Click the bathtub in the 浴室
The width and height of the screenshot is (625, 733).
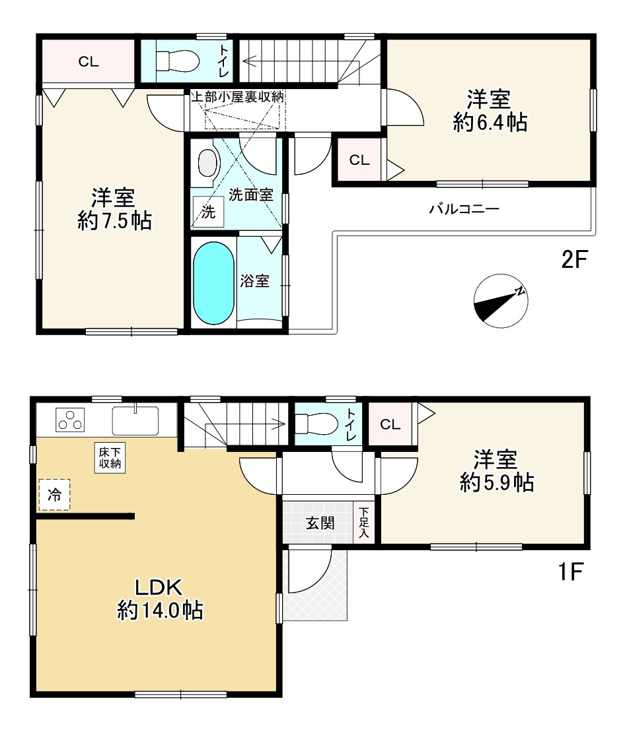tap(213, 283)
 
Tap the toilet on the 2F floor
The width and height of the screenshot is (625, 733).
tap(178, 60)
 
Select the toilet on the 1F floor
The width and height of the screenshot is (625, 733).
tap(316, 424)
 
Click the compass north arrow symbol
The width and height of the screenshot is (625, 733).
tap(501, 301)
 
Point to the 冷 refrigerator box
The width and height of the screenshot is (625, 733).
tap(54, 494)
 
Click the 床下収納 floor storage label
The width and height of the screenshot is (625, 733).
tap(110, 458)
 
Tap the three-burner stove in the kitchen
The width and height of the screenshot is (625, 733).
tap(70, 420)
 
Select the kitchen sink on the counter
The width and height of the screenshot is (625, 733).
tap(135, 420)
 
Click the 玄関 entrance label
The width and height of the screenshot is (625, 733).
tap(320, 523)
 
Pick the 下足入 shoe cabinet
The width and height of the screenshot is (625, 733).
tap(364, 522)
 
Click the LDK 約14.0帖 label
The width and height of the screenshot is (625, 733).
tap(160, 599)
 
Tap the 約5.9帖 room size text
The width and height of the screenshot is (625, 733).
tap(497, 482)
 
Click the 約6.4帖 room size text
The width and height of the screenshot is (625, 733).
tap(490, 123)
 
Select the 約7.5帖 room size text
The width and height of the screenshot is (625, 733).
tap(115, 220)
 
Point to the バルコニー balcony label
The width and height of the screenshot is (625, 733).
tap(464, 208)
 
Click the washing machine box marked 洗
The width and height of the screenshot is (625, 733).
tap(208, 212)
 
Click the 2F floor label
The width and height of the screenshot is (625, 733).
tap(574, 259)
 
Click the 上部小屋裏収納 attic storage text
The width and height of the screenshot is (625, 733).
tap(239, 97)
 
